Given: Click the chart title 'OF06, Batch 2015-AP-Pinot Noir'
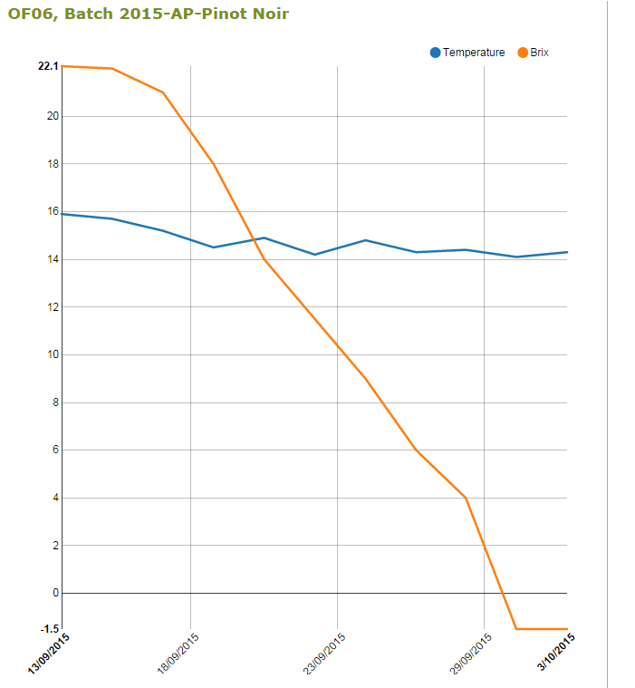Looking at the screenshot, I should click(x=149, y=14).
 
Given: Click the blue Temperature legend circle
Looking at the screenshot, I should click(x=436, y=53).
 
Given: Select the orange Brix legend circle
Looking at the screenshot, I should click(x=523, y=53).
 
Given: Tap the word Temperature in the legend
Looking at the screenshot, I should click(x=474, y=53).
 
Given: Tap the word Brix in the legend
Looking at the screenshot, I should click(x=539, y=53).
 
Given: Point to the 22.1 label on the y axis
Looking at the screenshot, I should click(x=48, y=66).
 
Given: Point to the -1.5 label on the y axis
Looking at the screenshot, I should click(x=49, y=629).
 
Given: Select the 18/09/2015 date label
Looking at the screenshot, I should click(x=178, y=654).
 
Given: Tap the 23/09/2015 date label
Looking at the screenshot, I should click(x=324, y=654).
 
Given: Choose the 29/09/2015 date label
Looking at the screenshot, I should click(x=471, y=654).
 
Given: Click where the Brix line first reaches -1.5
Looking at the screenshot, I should click(x=516, y=628).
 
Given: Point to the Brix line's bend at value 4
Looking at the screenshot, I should click(x=466, y=498).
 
